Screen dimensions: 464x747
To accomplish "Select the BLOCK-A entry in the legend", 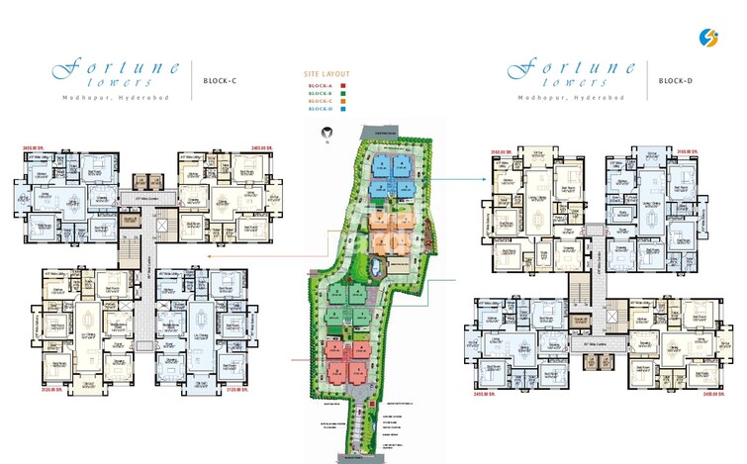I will (x=321, y=86).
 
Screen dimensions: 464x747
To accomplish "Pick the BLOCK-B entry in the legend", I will (x=321, y=94).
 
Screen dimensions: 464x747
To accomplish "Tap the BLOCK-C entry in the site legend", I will (x=321, y=102).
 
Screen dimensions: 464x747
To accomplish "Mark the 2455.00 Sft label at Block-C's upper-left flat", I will (x=37, y=148).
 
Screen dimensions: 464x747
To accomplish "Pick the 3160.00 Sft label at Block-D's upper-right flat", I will (x=690, y=150).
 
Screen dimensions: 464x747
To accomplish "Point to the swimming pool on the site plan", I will (x=379, y=268).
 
